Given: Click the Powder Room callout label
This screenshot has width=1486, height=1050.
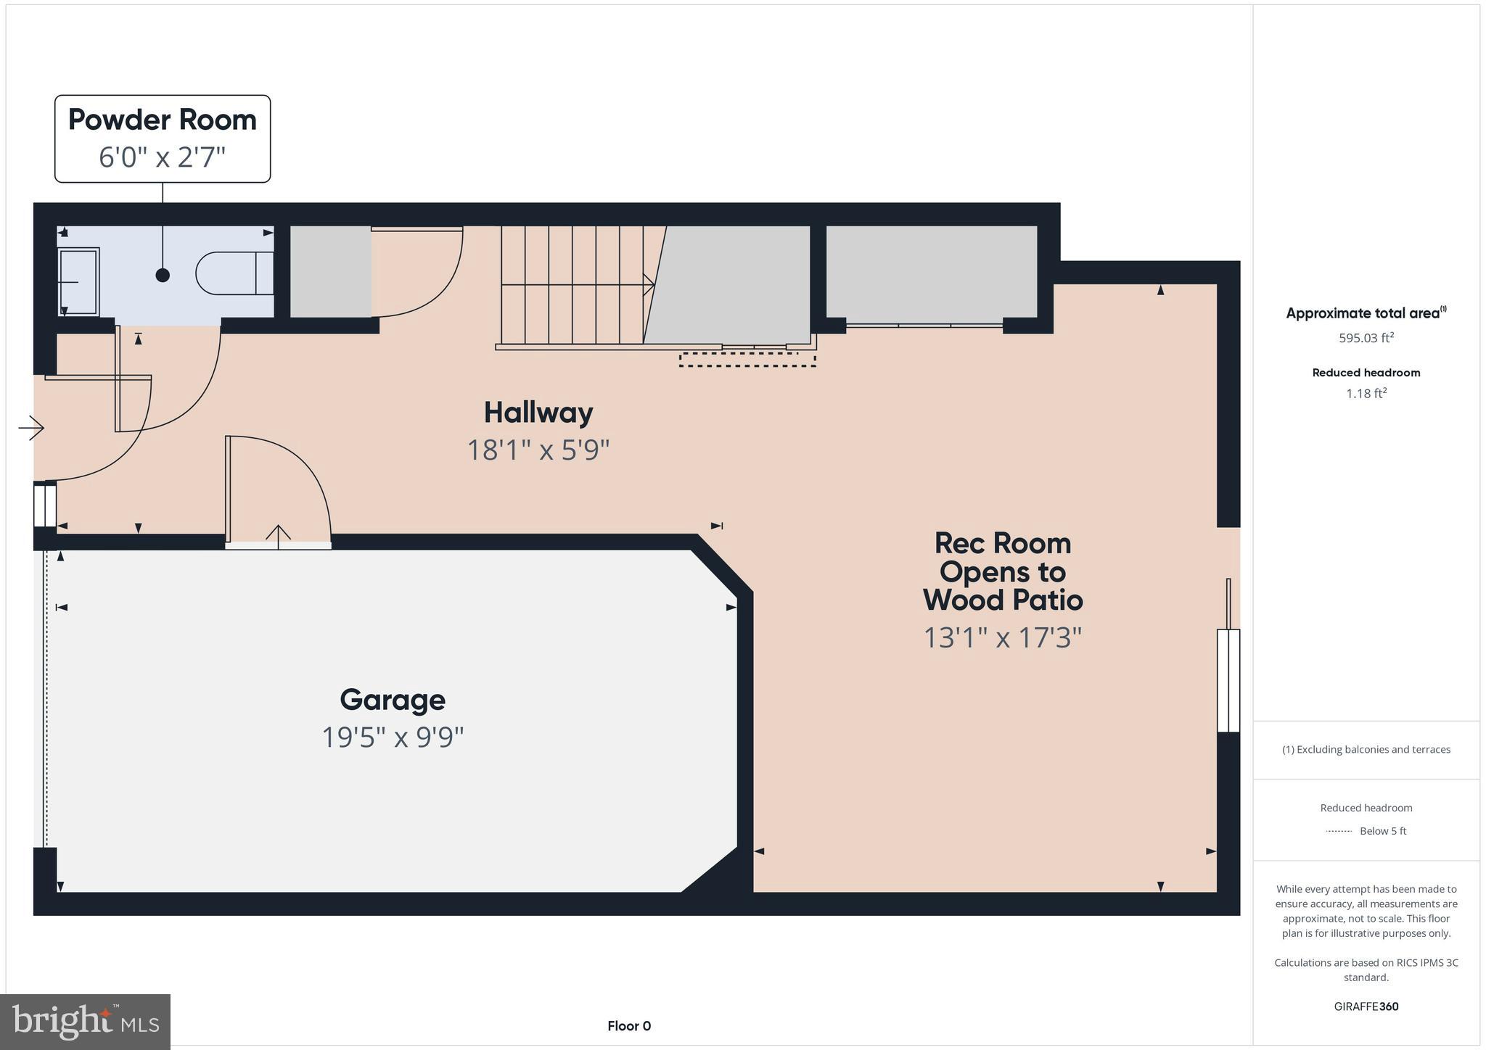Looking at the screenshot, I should pyautogui.click(x=163, y=120).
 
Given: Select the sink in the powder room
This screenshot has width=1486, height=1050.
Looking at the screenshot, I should pyautogui.click(x=78, y=281).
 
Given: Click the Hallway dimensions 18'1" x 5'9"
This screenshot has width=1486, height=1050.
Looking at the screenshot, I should pyautogui.click(x=538, y=450).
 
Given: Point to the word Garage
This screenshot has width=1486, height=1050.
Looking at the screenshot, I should pyautogui.click(x=393, y=700).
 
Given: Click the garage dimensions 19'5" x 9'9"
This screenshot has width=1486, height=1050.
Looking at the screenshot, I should pyautogui.click(x=393, y=737).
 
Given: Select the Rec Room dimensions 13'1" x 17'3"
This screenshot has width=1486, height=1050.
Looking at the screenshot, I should pyautogui.click(x=1002, y=638).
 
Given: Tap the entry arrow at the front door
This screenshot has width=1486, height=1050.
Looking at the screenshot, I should pyautogui.click(x=30, y=428).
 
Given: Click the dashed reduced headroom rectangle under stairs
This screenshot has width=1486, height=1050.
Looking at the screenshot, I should pyautogui.click(x=747, y=360).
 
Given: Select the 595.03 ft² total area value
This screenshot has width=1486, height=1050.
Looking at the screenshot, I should pyautogui.click(x=1366, y=338).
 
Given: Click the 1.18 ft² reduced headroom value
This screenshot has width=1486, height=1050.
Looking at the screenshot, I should pyautogui.click(x=1366, y=394).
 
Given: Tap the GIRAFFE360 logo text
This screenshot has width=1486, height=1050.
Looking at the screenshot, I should pyautogui.click(x=1366, y=1006).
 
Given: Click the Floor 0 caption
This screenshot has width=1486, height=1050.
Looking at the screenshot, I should pyautogui.click(x=629, y=1026).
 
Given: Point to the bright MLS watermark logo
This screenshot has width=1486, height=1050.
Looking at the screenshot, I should pyautogui.click(x=85, y=1022).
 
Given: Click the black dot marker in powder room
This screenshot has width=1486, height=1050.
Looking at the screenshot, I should pyautogui.click(x=163, y=275).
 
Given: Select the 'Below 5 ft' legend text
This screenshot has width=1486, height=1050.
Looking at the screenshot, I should pyautogui.click(x=1382, y=831).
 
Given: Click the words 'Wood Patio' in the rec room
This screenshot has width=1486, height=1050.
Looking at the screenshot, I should pyautogui.click(x=1002, y=600).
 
